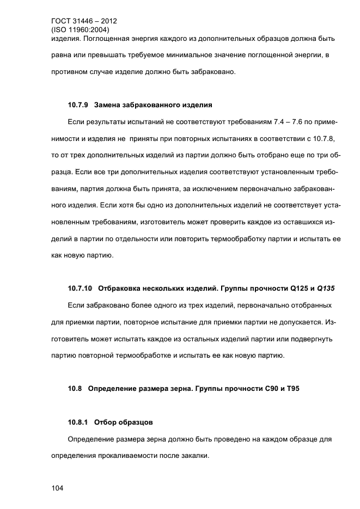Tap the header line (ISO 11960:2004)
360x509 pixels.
tap(80, 30)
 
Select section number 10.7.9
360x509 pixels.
tap(78, 104)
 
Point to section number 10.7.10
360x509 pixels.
tap(80, 288)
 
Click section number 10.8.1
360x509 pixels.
tap(78, 422)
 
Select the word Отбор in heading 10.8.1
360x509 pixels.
tap(106, 422)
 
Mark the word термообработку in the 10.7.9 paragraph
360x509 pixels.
tap(243, 239)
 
